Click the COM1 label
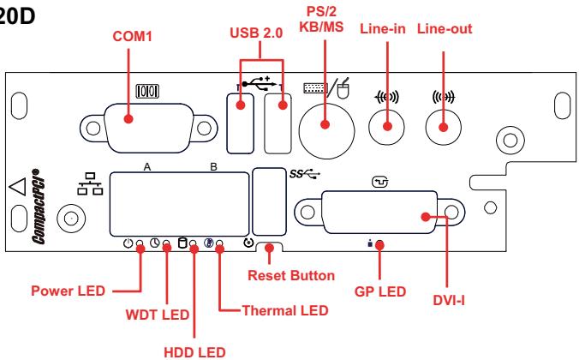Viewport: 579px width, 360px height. (x=132, y=36)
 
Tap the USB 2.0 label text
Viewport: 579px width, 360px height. (x=256, y=33)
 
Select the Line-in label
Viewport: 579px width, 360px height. (x=383, y=29)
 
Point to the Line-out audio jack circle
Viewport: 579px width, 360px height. (x=443, y=128)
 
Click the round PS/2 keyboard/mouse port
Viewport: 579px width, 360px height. (x=326, y=131)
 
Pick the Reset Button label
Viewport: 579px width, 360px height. (x=291, y=275)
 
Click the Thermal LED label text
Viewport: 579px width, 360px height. (x=285, y=310)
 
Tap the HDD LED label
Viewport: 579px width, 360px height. (x=194, y=352)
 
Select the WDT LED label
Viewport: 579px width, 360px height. (x=158, y=315)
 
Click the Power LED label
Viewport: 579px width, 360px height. (x=69, y=291)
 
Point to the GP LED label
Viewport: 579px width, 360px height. (x=380, y=291)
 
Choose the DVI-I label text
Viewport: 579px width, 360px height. (x=449, y=301)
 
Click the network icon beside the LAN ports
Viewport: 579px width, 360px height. (x=90, y=183)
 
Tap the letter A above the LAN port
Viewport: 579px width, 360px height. (x=147, y=167)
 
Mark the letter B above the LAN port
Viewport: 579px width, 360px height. (x=213, y=167)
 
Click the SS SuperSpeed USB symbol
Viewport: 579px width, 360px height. (x=305, y=173)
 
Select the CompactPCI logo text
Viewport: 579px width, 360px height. (x=39, y=207)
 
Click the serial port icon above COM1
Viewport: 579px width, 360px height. (x=147, y=91)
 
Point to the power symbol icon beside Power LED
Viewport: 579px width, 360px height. (x=128, y=243)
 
